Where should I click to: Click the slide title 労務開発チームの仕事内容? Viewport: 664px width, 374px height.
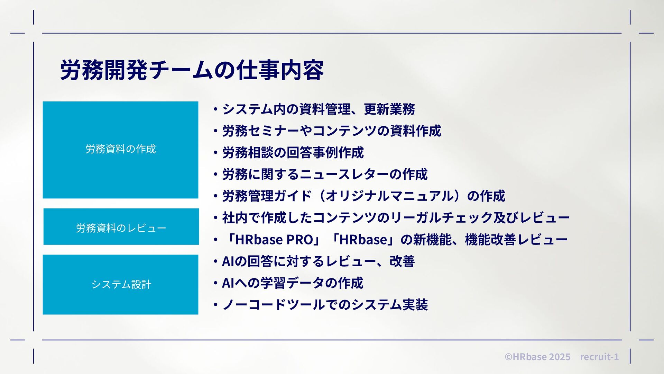[192, 70]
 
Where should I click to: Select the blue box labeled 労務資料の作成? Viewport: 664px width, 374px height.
[120, 150]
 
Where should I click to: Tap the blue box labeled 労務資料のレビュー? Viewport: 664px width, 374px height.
[121, 227]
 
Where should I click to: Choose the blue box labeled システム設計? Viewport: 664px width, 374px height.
[120, 285]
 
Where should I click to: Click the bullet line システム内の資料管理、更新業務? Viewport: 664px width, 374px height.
[318, 109]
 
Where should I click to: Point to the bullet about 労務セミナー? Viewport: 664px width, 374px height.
[331, 131]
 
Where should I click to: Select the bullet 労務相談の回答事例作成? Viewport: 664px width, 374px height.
[293, 153]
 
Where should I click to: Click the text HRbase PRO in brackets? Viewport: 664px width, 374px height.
[274, 240]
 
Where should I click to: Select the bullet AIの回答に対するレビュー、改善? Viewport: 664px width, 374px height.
[318, 261]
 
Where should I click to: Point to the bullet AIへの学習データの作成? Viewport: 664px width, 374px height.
[292, 283]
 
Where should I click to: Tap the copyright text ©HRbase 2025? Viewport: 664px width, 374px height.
[537, 357]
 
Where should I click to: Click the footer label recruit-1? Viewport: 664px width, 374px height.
[599, 357]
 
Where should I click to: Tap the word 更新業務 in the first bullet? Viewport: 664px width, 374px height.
[389, 109]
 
